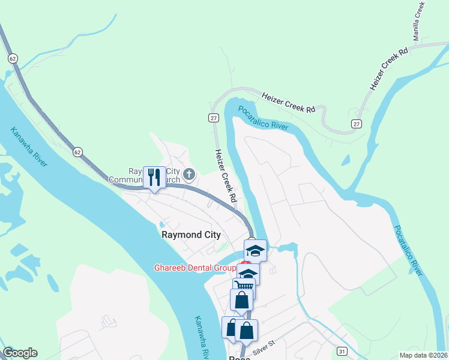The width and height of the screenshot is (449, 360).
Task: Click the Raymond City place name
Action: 191,235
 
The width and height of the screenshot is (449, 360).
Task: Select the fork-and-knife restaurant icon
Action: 154,177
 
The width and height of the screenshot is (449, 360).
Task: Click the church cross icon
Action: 189,175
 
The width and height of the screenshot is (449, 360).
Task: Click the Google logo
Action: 20,353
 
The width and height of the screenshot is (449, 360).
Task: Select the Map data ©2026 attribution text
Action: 424,355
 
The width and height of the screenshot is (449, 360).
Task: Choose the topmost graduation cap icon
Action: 255,250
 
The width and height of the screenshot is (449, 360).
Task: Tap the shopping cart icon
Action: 244,287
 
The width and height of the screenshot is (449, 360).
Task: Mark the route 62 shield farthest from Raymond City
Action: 13,58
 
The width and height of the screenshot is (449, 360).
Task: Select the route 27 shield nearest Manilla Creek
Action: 357,123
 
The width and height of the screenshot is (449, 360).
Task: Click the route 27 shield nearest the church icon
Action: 213,118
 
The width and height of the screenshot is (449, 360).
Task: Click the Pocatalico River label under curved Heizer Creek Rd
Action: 264,118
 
